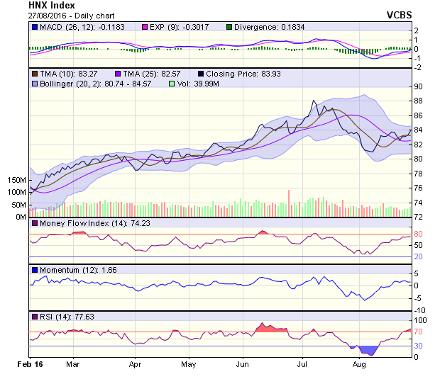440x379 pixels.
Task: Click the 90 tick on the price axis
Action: (419, 86)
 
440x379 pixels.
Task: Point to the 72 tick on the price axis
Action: (419, 217)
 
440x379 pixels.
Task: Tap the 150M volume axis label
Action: (16, 180)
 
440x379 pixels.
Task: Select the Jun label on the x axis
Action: (242, 363)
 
